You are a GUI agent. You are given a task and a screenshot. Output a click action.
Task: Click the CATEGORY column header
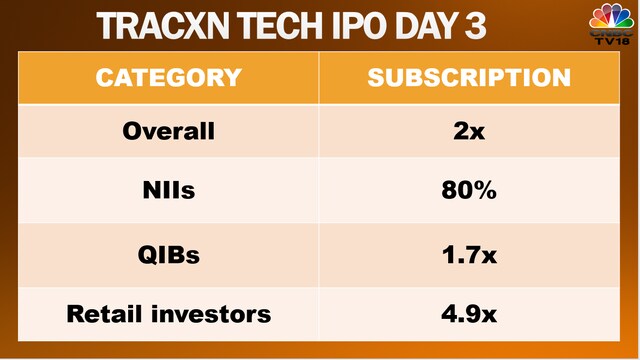pyautogui.click(x=168, y=77)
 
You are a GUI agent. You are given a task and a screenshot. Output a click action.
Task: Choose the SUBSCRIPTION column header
pyautogui.click(x=469, y=77)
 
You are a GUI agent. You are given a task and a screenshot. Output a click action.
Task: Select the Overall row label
pyautogui.click(x=168, y=131)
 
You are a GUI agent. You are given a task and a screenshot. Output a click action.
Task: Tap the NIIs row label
pyautogui.click(x=168, y=192)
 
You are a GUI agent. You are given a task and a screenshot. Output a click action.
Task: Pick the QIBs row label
pyautogui.click(x=168, y=254)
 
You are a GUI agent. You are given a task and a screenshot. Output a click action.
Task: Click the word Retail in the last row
pyautogui.click(x=107, y=314)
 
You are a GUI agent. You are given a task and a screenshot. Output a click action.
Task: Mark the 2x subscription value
pyautogui.click(x=469, y=131)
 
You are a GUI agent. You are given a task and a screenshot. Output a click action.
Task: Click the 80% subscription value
pyautogui.click(x=469, y=192)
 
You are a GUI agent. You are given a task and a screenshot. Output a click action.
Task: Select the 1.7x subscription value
pyautogui.click(x=469, y=254)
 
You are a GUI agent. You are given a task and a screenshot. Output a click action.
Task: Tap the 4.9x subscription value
pyautogui.click(x=469, y=314)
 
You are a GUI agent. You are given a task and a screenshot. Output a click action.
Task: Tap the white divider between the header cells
pyautogui.click(x=320, y=77)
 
